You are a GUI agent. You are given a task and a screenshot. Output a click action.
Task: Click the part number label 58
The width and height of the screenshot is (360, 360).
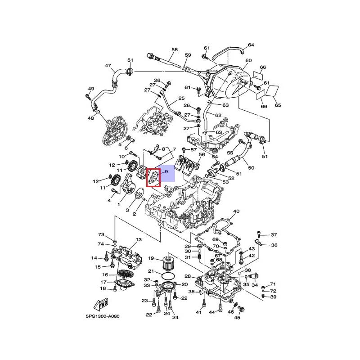click(175, 49)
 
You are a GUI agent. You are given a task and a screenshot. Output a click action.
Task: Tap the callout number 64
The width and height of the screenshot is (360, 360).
click(251, 45)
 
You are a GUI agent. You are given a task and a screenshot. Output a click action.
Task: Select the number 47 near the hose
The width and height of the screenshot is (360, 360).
click(108, 66)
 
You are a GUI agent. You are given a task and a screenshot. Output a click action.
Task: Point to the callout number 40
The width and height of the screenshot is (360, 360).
click(236, 211)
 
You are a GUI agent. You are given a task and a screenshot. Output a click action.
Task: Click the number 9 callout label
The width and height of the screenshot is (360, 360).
click(166, 172)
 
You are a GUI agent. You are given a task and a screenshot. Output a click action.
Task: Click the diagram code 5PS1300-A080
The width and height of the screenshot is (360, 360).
click(103, 316)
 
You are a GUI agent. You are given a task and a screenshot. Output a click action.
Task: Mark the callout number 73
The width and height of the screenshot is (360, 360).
click(101, 235)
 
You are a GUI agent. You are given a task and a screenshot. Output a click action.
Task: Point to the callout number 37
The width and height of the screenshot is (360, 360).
click(274, 235)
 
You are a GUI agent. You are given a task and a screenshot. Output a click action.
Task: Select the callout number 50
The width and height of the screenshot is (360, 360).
click(251, 168)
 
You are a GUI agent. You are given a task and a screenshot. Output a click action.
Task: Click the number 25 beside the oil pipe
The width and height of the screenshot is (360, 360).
click(181, 98)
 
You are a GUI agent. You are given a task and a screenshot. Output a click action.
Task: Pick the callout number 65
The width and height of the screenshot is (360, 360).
click(278, 105)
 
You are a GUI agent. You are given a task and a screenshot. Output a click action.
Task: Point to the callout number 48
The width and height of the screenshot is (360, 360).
click(90, 118)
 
